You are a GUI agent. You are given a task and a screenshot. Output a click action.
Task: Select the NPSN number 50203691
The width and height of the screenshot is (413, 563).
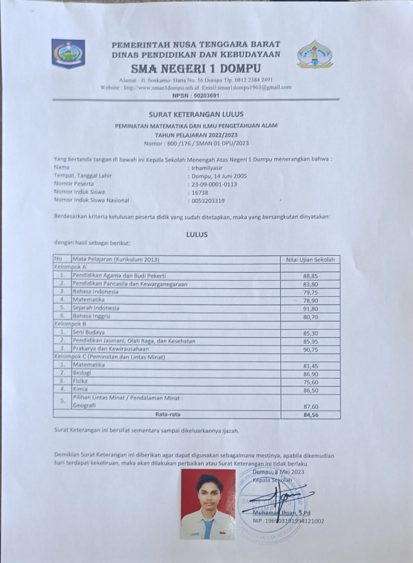204,95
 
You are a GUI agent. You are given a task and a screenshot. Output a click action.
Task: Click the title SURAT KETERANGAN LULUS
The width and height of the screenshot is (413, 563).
196,114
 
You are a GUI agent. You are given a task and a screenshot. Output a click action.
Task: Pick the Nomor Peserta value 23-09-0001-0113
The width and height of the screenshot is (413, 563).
214,184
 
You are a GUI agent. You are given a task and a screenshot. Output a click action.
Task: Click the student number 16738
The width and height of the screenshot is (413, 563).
200,192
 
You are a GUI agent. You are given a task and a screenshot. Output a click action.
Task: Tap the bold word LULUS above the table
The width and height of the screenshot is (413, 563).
197,234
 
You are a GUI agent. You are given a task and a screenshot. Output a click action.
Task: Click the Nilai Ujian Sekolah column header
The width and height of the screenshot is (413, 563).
310,260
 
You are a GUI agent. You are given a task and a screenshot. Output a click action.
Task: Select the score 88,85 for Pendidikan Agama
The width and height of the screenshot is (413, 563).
310,276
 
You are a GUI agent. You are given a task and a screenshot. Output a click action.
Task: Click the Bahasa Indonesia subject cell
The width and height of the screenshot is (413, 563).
95,292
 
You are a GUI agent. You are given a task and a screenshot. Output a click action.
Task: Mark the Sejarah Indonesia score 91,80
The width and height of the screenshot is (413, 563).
310,309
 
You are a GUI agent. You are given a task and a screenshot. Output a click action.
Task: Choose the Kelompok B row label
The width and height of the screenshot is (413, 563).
70,324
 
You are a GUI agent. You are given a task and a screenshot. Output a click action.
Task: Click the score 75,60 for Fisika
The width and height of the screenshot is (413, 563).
311,382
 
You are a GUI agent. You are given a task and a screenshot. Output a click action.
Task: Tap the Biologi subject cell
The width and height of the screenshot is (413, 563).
82,373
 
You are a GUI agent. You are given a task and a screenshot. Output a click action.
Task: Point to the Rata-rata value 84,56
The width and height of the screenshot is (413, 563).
311,415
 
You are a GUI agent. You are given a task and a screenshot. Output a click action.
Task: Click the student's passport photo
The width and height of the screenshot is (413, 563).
208,504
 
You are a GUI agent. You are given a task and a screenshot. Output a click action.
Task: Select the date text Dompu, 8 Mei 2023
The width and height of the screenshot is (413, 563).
278,472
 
